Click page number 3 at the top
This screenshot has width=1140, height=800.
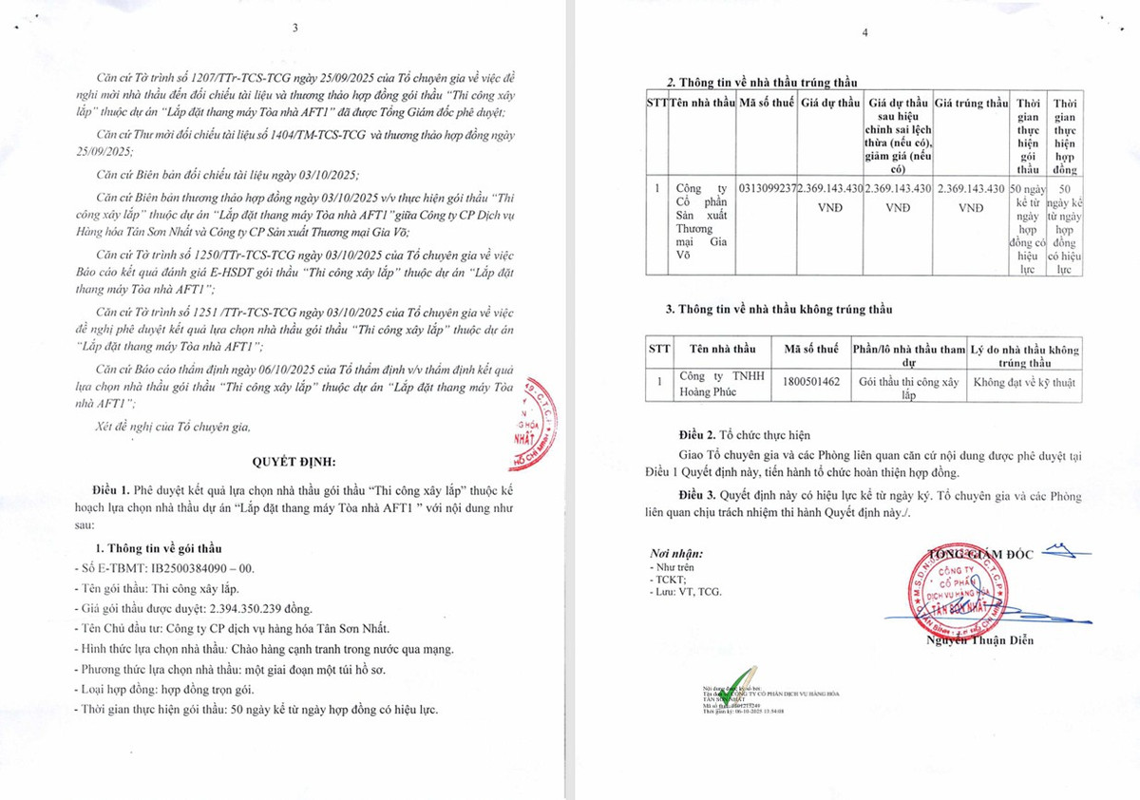pyautogui.click(x=295, y=27)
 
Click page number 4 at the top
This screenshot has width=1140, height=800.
pyautogui.click(x=864, y=32)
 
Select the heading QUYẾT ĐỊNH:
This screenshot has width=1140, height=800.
pyautogui.click(x=294, y=461)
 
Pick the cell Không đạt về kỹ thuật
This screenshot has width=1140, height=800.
pyautogui.click(x=1024, y=381)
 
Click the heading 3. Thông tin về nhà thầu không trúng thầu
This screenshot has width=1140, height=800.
pyautogui.click(x=778, y=309)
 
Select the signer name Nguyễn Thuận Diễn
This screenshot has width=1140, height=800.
pyautogui.click(x=981, y=639)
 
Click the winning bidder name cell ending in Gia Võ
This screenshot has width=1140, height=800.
pyautogui.click(x=702, y=228)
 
